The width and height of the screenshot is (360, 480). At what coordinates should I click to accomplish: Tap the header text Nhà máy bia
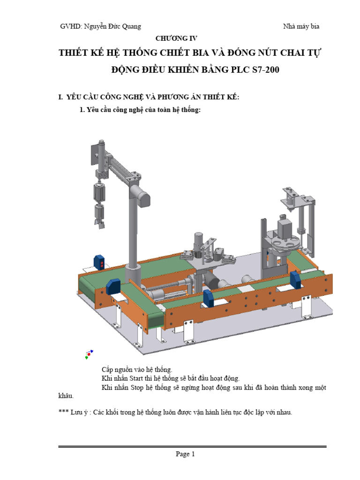pyautogui.click(x=301, y=27)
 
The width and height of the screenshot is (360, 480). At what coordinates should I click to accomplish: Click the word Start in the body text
pyautogui.click(x=137, y=378)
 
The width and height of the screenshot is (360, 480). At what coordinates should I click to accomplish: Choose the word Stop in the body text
pyautogui.click(x=136, y=387)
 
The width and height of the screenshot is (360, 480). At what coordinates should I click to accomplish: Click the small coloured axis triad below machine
pyautogui.click(x=89, y=354)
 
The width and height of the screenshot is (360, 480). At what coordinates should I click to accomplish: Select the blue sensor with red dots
pyautogui.click(x=99, y=262)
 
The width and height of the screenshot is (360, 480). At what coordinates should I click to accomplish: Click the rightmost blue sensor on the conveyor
pyautogui.click(x=295, y=280)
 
